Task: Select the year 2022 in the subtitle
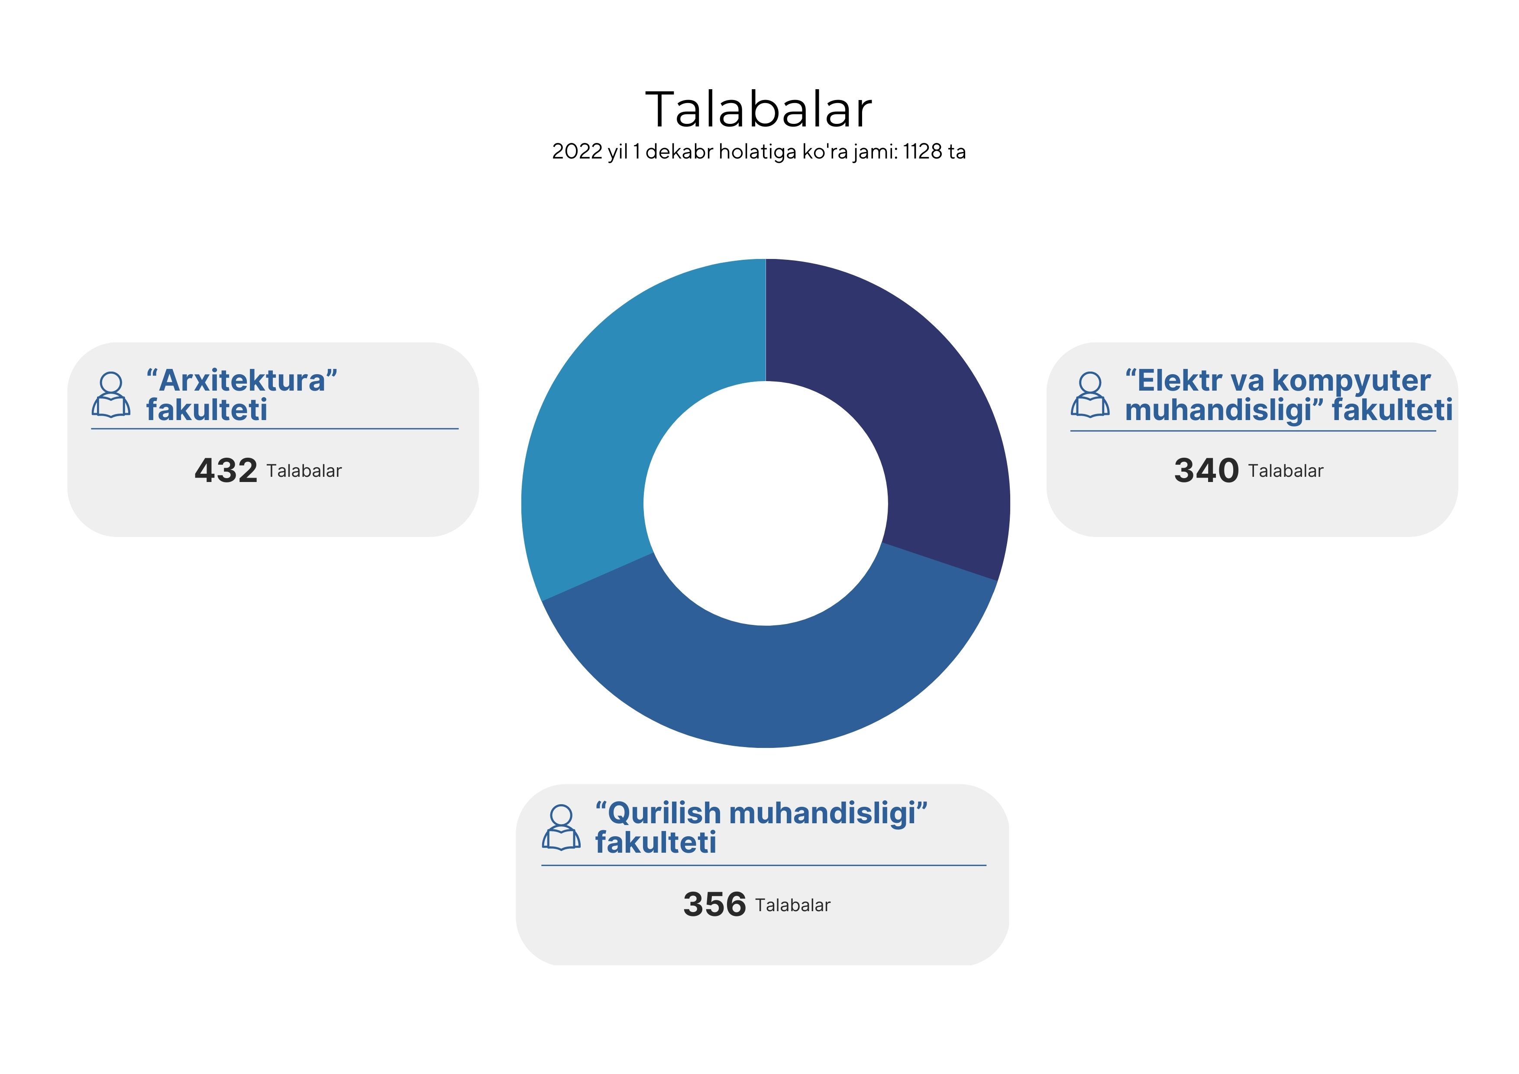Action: pyautogui.click(x=577, y=152)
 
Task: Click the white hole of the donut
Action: pyautogui.click(x=766, y=503)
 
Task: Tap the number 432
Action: pyautogui.click(x=226, y=470)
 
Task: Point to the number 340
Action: pyautogui.click(x=1206, y=470)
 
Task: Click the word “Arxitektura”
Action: pyautogui.click(x=242, y=381)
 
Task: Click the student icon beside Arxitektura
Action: pyautogui.click(x=111, y=395)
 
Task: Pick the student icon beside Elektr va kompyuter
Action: pyautogui.click(x=1090, y=395)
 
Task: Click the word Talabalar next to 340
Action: pyautogui.click(x=1286, y=471)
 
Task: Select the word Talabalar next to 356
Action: pyautogui.click(x=792, y=905)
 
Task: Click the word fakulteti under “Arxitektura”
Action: pyautogui.click(x=207, y=410)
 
